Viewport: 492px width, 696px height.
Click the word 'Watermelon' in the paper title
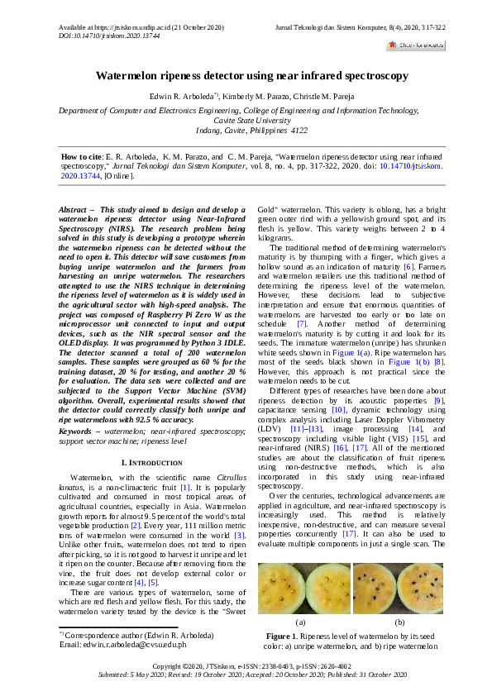[126, 75]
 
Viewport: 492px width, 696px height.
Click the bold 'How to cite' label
[80, 156]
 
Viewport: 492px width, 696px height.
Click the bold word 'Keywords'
[78, 431]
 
